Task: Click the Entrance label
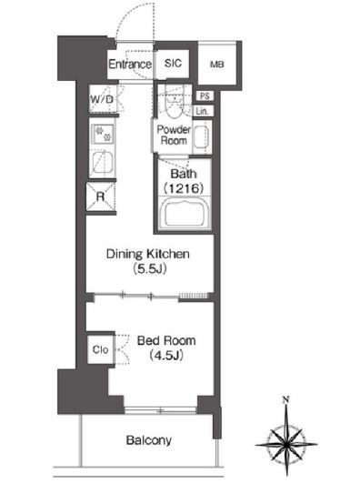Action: (130, 64)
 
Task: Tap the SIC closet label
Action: (173, 63)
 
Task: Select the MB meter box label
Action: (216, 65)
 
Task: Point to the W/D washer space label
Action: (102, 99)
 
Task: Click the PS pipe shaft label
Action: (205, 96)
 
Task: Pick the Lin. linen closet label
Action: (203, 111)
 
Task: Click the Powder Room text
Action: (174, 135)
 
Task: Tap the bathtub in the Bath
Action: (185, 214)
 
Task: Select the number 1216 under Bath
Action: (184, 188)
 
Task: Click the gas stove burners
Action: (103, 134)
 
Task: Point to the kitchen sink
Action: (103, 163)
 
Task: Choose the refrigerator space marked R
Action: (101, 196)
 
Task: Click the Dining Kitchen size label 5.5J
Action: (150, 268)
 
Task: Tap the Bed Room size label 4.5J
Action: (166, 356)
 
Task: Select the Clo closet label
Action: (100, 349)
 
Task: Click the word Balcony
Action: (149, 440)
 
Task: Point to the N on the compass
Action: (286, 400)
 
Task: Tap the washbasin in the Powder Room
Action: (202, 136)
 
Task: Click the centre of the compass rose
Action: (286, 444)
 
